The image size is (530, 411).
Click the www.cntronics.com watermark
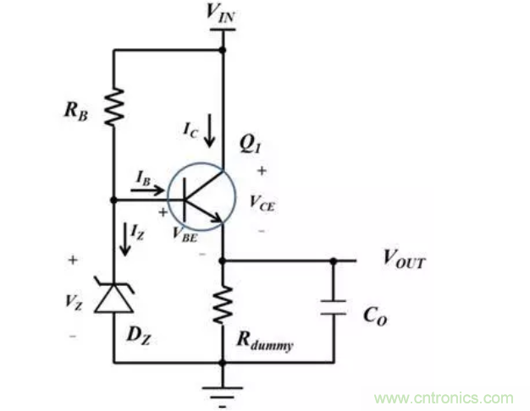tap(444, 397)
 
